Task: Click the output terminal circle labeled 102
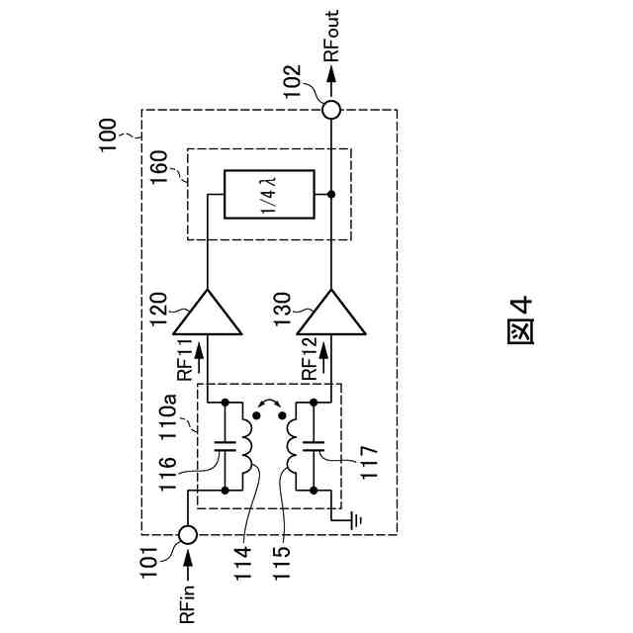[330, 110]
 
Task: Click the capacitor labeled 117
[316, 446]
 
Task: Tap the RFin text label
[188, 600]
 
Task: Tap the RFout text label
[330, 37]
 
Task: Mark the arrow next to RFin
[188, 567]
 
